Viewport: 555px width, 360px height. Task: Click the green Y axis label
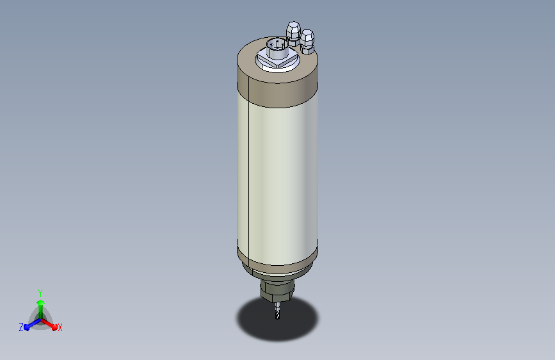[40, 293]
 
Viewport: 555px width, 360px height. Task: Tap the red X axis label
[60, 328]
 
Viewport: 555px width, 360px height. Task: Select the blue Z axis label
[21, 327]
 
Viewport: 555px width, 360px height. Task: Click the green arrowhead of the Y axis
[40, 302]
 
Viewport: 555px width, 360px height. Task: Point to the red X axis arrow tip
[54, 327]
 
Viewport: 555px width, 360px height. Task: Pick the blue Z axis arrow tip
[26, 327]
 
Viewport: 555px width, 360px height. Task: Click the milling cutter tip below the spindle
[278, 317]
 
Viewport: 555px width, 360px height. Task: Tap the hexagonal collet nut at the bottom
[277, 291]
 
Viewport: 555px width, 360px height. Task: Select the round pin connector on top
[277, 49]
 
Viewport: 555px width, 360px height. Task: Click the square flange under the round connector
[278, 60]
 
